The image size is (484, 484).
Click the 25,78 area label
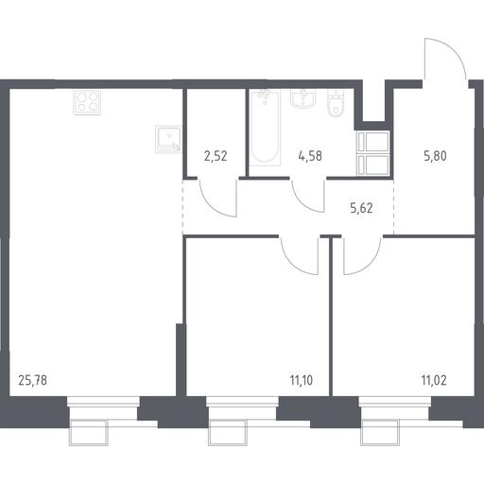coord(33,380)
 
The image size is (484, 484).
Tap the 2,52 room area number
coord(216,156)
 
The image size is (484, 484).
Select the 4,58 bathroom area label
coord(310,156)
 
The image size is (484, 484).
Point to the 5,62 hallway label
coord(361,208)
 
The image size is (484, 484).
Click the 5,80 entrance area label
coord(435,156)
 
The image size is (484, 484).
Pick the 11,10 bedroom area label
coord(302,380)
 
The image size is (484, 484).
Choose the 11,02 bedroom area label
coord(434,380)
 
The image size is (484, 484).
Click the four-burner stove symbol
coord(87,102)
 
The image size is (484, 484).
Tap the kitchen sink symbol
coord(168,139)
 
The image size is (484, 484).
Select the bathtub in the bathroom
coord(265,128)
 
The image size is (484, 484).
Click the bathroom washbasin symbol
coord(302,98)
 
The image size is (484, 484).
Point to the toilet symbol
coord(336,103)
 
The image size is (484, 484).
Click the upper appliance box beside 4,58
coord(373,142)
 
